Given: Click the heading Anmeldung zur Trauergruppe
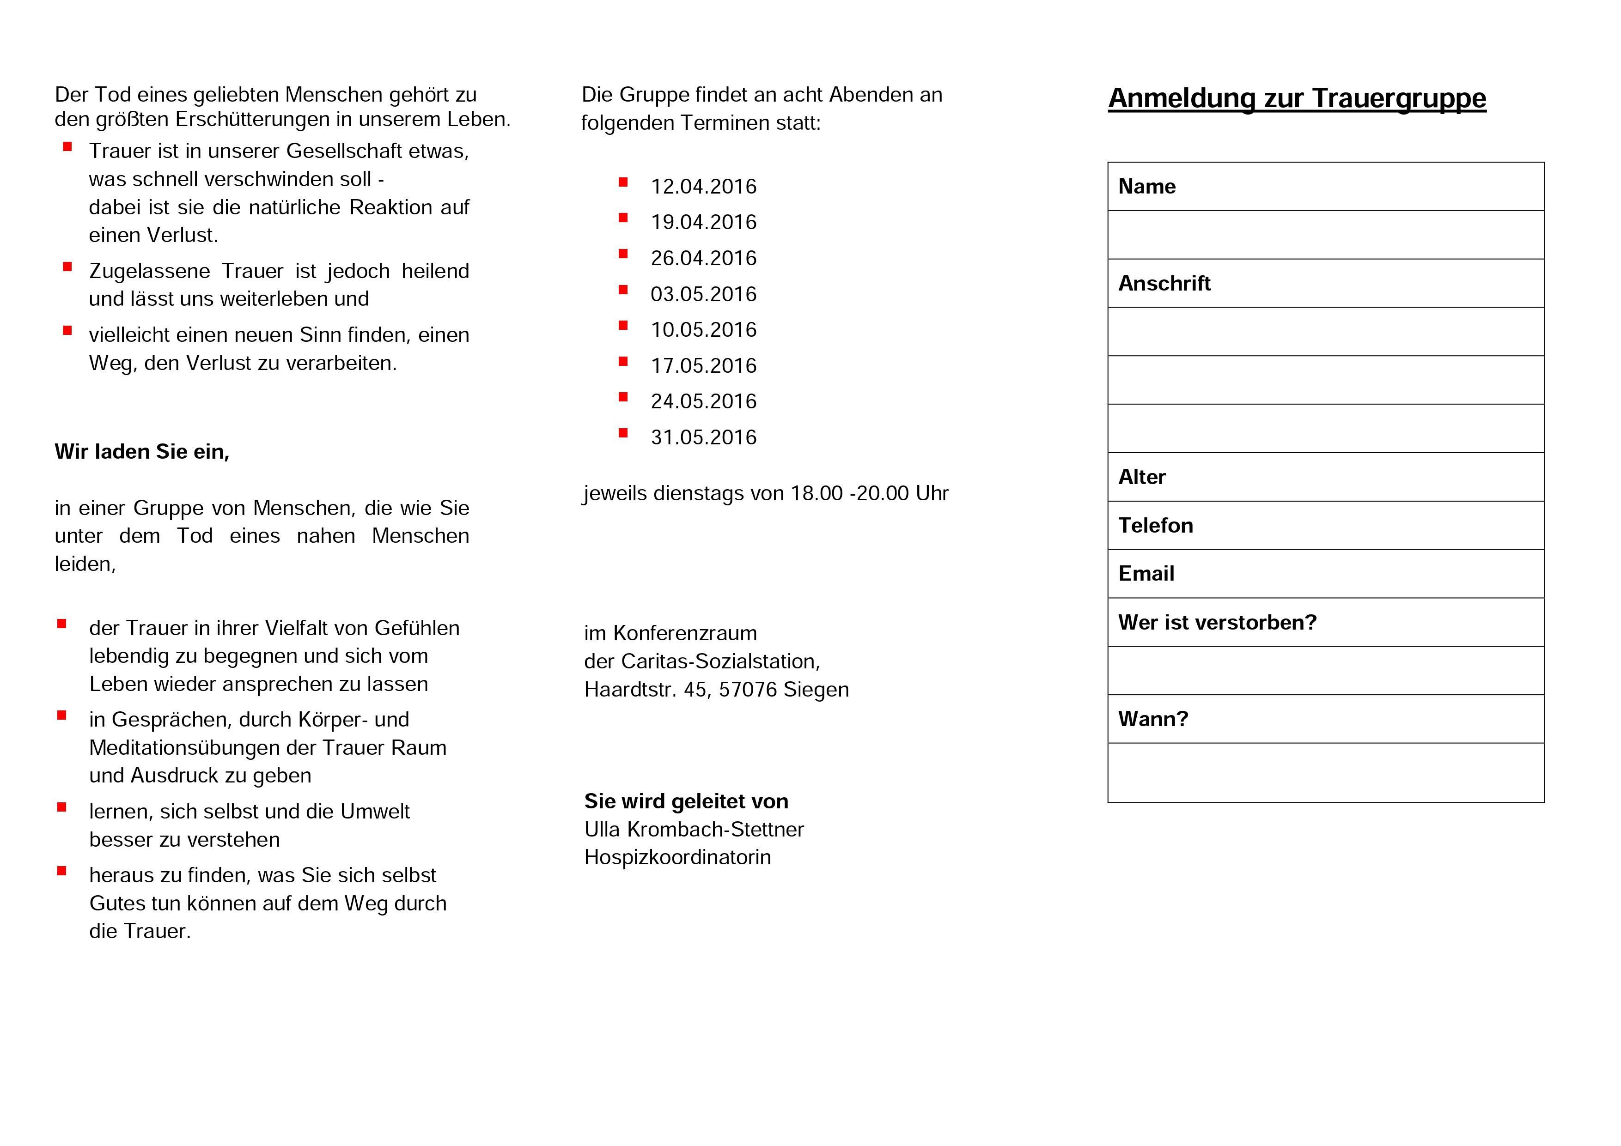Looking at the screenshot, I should (1296, 98).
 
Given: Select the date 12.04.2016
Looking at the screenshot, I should (703, 187).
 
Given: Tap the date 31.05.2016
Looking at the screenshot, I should (703, 437).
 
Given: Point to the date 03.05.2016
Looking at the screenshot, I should (703, 294).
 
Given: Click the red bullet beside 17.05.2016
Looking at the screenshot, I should (623, 361).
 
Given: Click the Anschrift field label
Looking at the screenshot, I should (1164, 284).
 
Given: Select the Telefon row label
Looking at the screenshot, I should (1155, 526).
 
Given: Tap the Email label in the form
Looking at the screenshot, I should (1146, 574).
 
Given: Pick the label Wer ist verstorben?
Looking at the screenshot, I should (1217, 622).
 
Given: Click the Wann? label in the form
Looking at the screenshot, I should (1153, 719).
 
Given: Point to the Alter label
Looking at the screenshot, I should (1142, 478).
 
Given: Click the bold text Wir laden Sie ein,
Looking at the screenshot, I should (142, 452).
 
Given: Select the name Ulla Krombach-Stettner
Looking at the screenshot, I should (693, 830).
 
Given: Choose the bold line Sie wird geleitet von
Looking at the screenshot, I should (686, 801).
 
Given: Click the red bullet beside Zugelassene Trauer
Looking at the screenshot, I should (67, 267).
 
